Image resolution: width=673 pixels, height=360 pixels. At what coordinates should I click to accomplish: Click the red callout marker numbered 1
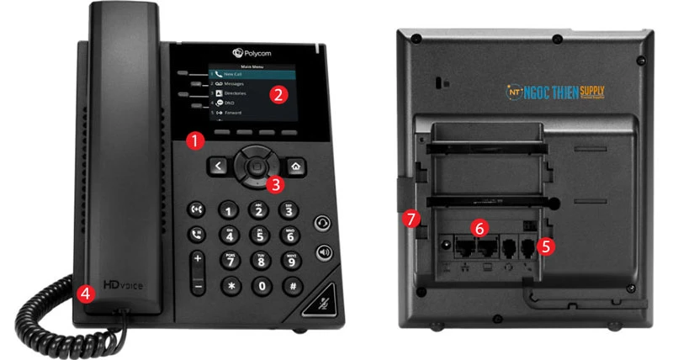[x=194, y=140]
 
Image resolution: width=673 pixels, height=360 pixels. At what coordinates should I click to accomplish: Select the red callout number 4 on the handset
[x=84, y=294]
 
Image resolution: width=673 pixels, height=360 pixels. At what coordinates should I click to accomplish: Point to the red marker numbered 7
[x=410, y=219]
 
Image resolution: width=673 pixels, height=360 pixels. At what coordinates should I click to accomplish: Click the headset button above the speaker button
[x=324, y=223]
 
